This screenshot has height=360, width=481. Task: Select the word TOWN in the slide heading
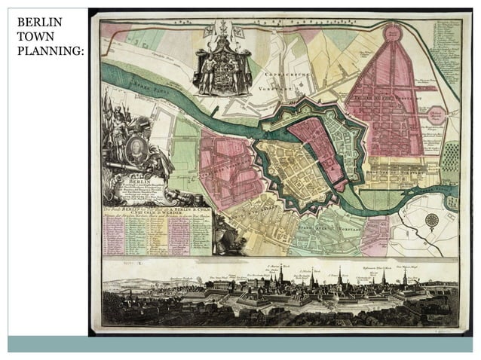pyautogui.click(x=33, y=37)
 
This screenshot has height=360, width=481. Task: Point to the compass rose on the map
pyautogui.click(x=432, y=221)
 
